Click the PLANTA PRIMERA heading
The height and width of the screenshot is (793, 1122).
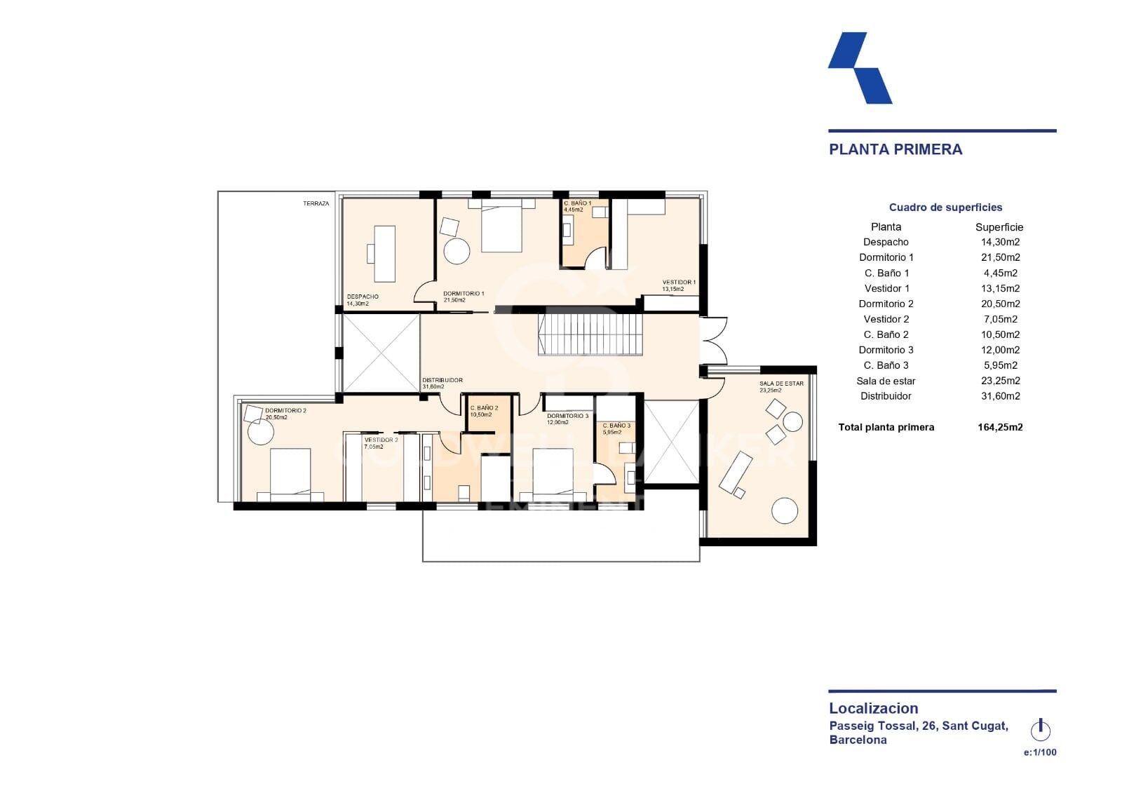[x=895, y=149]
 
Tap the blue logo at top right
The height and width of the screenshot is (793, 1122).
[x=860, y=69]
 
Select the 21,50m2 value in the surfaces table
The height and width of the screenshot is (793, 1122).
[x=1000, y=257]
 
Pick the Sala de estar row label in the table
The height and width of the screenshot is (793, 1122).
[x=886, y=381]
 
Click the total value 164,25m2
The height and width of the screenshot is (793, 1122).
[x=1000, y=427]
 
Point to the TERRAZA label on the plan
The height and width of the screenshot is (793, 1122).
[x=316, y=204]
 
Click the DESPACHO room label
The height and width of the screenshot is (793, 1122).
[x=363, y=297]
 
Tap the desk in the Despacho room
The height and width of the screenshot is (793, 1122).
[x=384, y=253]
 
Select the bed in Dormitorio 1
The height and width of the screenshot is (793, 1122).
[x=501, y=228]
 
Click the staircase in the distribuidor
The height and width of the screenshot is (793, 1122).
[x=590, y=334]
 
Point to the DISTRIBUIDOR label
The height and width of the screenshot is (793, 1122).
[x=442, y=380]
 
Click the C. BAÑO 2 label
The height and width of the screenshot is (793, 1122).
[x=484, y=407]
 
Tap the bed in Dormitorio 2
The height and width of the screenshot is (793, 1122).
[x=290, y=473]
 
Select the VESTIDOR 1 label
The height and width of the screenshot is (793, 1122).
[x=679, y=282]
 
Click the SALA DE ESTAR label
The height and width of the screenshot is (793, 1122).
[x=781, y=384]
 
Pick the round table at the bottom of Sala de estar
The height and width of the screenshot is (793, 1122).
[x=785, y=510]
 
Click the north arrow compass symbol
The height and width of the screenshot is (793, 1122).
[x=1041, y=730]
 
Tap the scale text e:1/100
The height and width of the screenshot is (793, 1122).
[x=1040, y=752]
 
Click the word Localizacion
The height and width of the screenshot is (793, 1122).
[x=873, y=708]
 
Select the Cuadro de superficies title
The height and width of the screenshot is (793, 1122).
[x=945, y=208]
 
